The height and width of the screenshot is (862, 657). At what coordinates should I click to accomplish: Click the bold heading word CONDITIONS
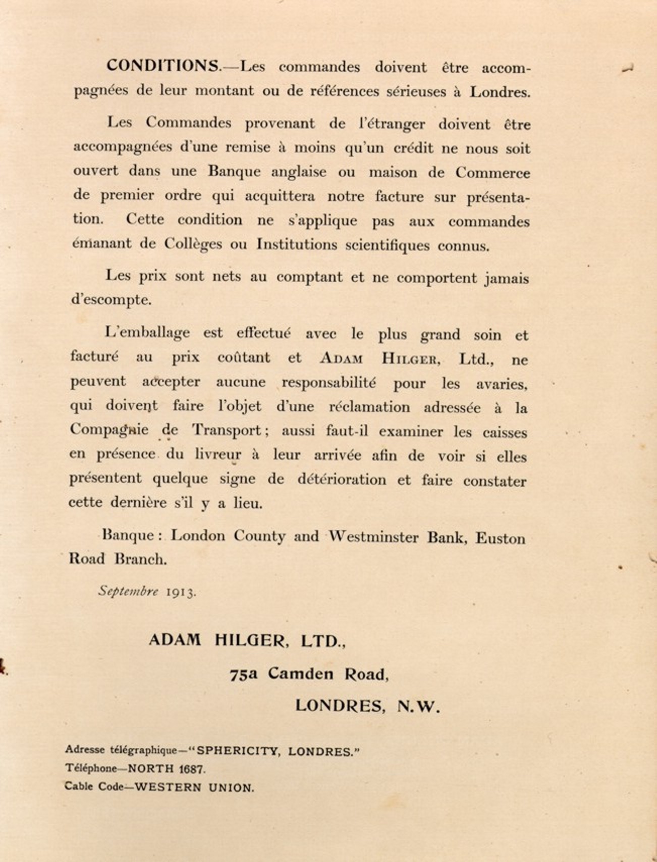coord(163,66)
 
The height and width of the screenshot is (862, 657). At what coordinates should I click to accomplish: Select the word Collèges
coord(193,244)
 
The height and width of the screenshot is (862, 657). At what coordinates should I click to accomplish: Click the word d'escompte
coord(111,300)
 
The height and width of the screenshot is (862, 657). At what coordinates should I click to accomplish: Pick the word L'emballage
coord(147,333)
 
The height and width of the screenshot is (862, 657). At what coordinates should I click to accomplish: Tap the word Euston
coord(500,538)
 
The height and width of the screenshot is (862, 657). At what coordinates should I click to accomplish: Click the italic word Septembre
coord(128,591)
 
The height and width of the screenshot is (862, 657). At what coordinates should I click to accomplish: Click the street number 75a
coord(243,674)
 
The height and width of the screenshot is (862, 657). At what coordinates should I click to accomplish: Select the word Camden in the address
coord(300,674)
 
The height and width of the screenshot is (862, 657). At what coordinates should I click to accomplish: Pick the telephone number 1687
coord(191,769)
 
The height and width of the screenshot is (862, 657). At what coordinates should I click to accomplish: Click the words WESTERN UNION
coord(194,787)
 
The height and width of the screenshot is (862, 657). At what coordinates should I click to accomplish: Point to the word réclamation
coord(369,407)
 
